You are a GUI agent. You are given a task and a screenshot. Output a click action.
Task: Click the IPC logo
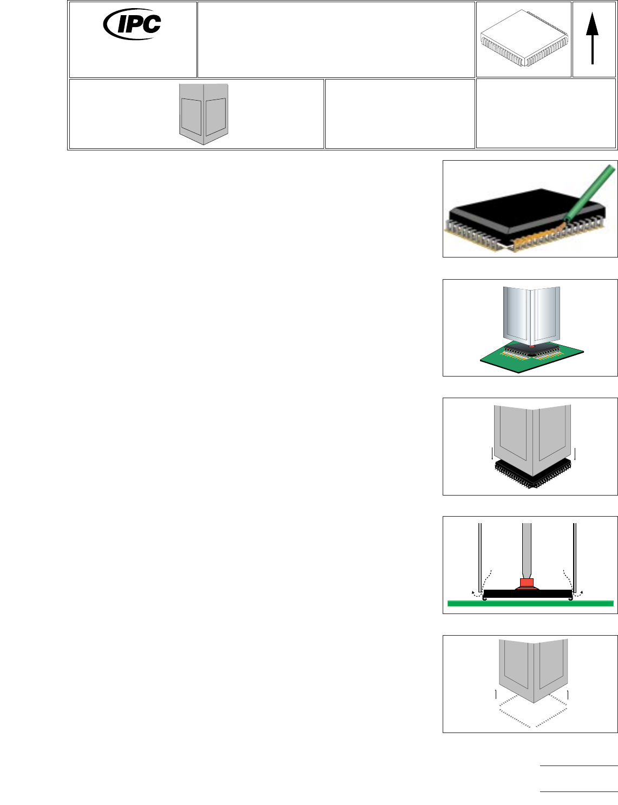[x=133, y=24]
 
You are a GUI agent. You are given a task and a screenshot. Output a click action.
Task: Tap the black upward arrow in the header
[x=593, y=38]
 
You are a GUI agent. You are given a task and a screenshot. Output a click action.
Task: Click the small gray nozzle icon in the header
[x=203, y=113]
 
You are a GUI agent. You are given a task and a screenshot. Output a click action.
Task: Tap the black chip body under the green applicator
[x=520, y=208]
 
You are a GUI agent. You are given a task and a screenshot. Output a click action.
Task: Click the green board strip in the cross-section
[x=530, y=603]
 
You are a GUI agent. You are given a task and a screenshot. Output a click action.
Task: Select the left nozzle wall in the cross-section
[x=479, y=557]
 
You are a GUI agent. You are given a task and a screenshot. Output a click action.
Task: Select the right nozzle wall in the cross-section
[x=574, y=557]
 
